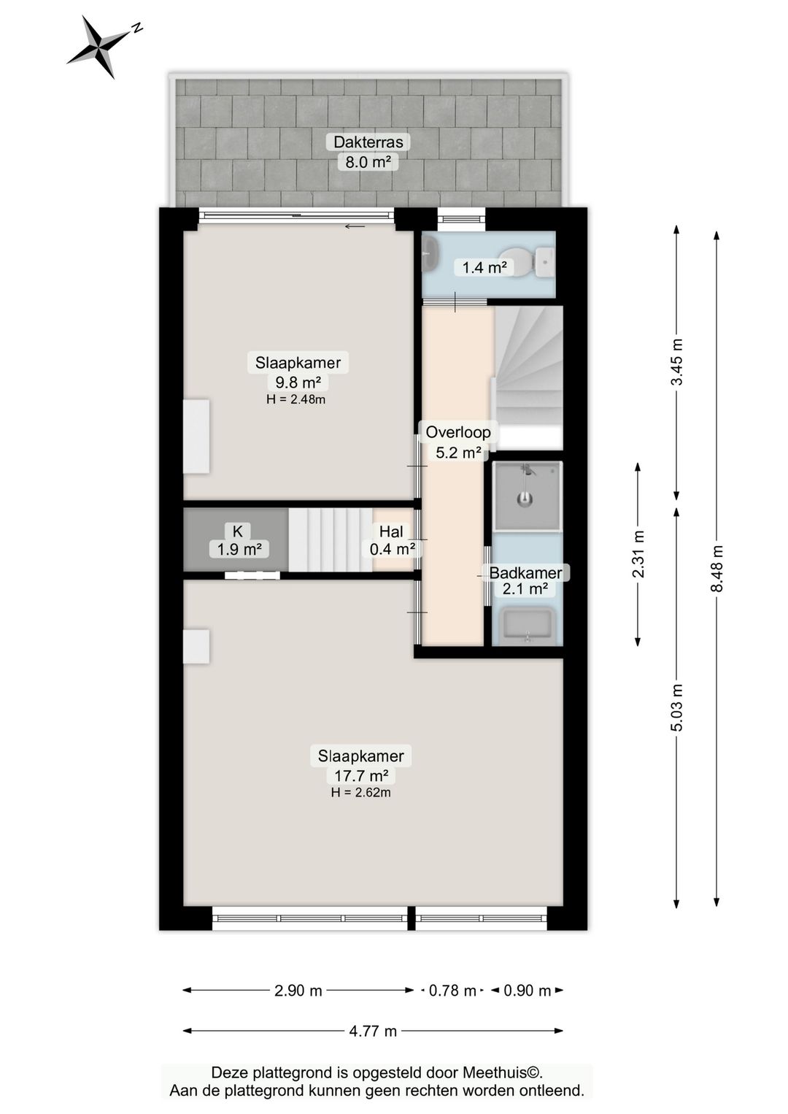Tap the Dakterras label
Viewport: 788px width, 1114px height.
[x=368, y=142]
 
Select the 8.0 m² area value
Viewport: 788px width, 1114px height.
[x=368, y=162]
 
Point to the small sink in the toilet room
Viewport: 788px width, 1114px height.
[x=430, y=253]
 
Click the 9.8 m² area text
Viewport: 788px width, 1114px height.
[x=298, y=382]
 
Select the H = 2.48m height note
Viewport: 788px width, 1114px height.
[x=296, y=399]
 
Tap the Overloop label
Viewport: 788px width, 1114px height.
[x=458, y=432]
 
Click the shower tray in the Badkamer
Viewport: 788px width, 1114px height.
[x=527, y=496]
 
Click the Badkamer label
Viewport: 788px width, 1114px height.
[x=525, y=573]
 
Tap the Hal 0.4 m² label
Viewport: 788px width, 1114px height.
[x=392, y=540]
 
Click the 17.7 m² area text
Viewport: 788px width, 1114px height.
[x=361, y=775]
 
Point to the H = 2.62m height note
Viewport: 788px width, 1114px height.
[x=361, y=793]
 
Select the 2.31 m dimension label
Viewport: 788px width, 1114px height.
[x=638, y=554]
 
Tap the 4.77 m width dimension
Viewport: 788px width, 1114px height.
[x=373, y=1031]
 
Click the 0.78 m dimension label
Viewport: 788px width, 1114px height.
[x=452, y=991]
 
